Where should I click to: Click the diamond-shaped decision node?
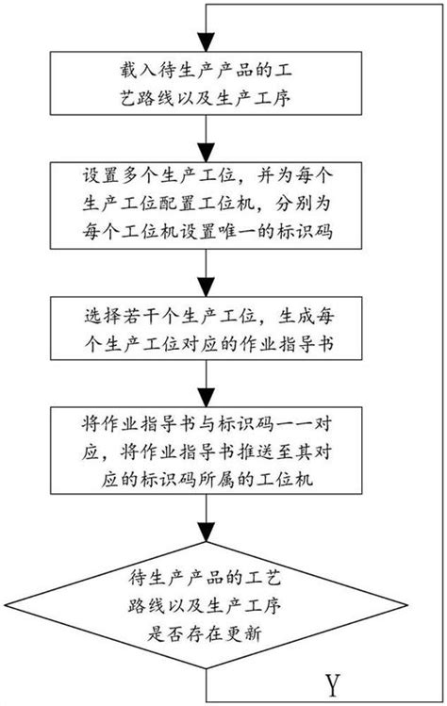tap(206, 606)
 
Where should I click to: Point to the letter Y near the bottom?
tap(331, 681)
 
